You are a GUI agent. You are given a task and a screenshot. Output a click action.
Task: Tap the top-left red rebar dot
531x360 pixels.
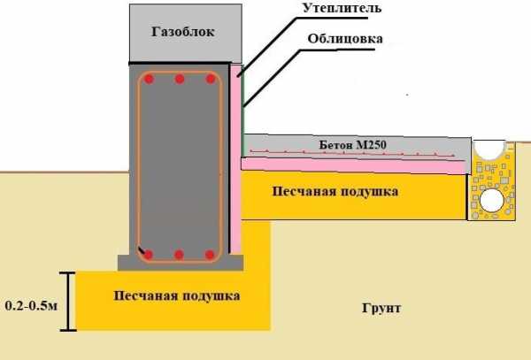(150, 80)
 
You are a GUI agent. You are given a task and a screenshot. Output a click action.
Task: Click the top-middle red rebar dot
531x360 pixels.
(180, 80)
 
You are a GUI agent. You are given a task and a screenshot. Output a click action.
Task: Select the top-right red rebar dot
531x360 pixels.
(210, 80)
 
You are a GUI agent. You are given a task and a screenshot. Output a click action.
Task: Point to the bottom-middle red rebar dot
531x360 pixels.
(180, 255)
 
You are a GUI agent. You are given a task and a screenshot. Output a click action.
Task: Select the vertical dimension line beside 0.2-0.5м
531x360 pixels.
(65, 301)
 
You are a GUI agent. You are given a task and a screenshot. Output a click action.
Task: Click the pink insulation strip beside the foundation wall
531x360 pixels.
(235, 159)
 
